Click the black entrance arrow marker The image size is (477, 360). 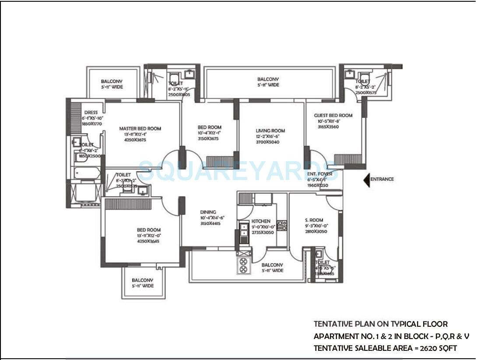[x=367, y=180]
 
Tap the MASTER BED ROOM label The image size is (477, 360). [x=140, y=129]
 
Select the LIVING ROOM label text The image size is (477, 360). [x=270, y=131]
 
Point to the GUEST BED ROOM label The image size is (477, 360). [x=333, y=116]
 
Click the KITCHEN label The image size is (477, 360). [x=261, y=222]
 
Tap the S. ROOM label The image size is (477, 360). [x=313, y=220]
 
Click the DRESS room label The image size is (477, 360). [x=91, y=113]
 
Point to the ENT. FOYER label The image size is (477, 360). [x=319, y=174]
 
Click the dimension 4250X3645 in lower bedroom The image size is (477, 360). [x=148, y=241]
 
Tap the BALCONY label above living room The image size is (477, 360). [x=268, y=79]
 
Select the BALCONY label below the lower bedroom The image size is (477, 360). [x=142, y=280]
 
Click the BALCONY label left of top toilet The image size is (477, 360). [x=112, y=81]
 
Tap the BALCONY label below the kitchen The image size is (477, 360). [x=272, y=265]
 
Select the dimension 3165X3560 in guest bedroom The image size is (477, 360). [x=328, y=127]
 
